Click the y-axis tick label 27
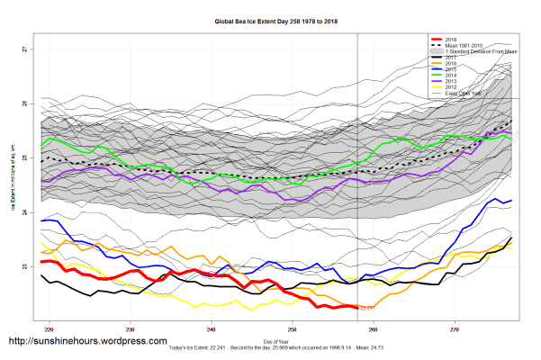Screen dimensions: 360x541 point(24,50)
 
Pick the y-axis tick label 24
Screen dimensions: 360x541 point(24,213)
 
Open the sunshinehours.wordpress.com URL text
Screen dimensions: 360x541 point(87,343)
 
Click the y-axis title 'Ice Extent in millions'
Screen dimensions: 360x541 point(12,180)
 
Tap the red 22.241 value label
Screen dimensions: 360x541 point(368,309)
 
